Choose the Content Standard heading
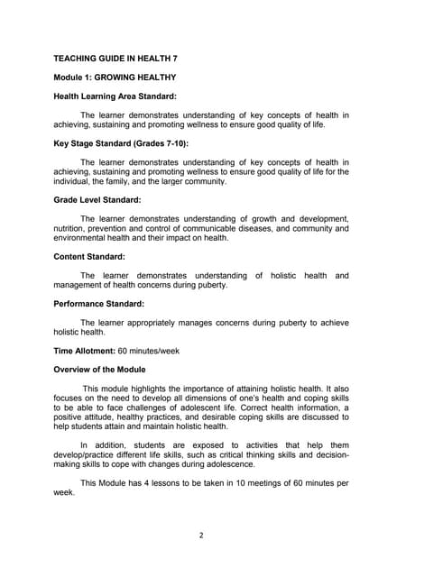[x=89, y=256]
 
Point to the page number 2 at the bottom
[x=201, y=534]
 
